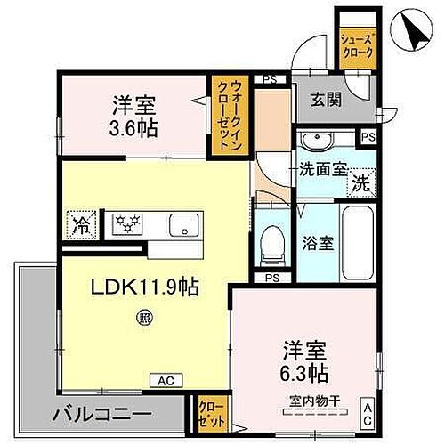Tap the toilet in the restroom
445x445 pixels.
[x=271, y=241]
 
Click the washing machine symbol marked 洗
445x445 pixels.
[x=361, y=184]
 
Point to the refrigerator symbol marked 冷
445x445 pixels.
[x=79, y=224]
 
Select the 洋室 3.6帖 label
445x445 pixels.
[x=134, y=116]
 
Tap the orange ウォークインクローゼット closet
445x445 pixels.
[x=231, y=117]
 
